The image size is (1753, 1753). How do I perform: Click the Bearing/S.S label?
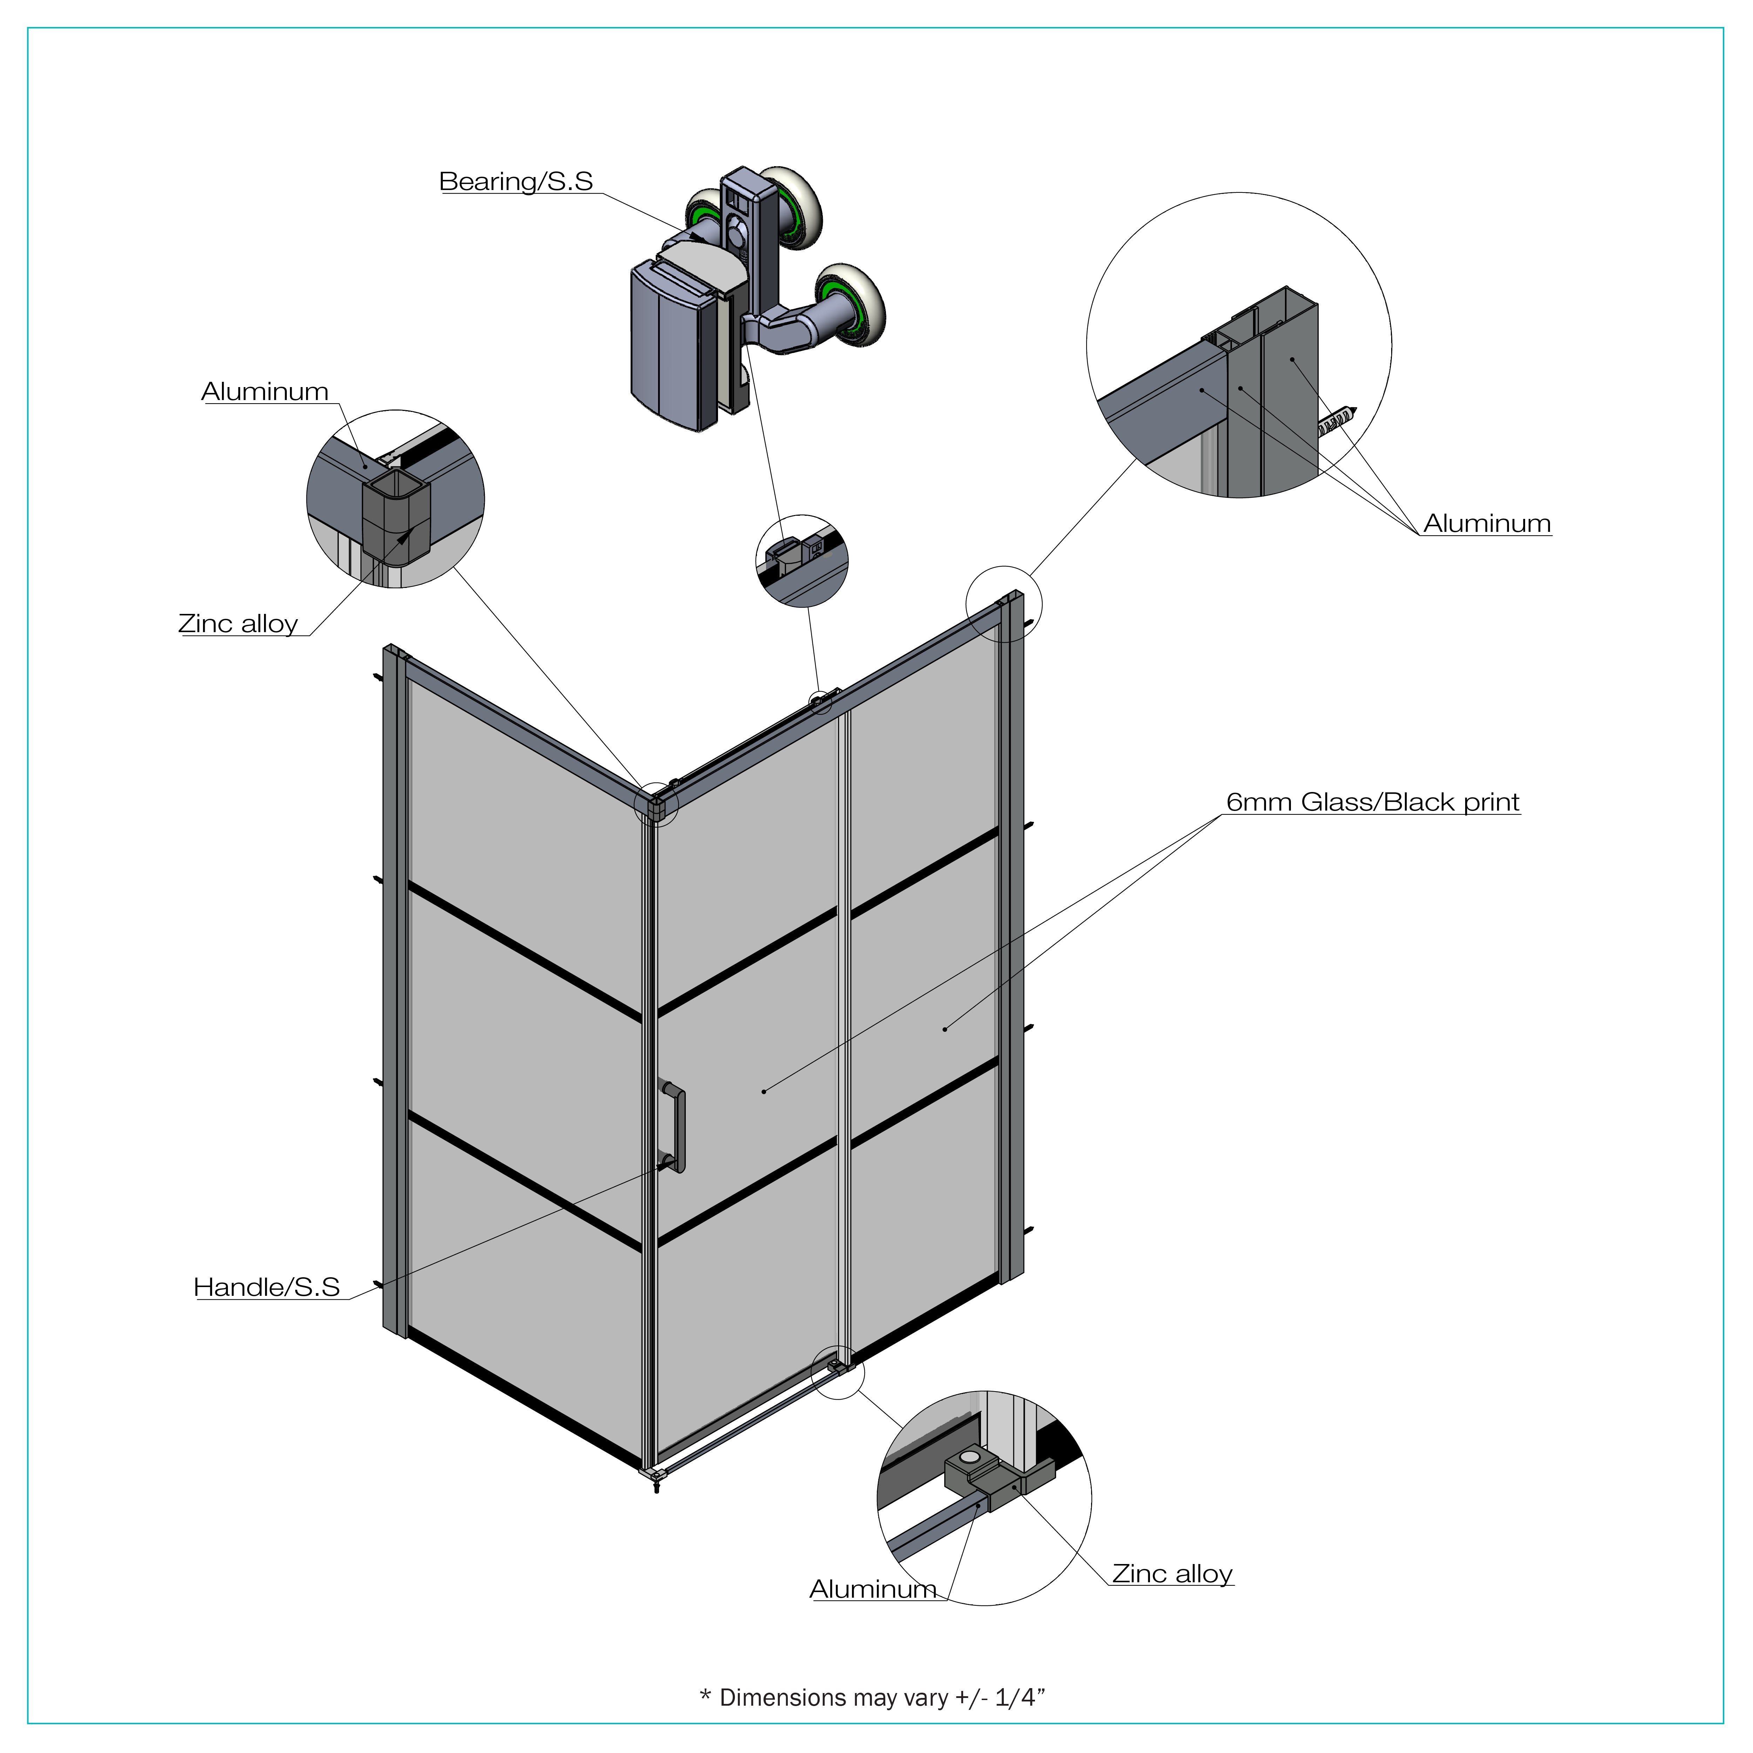(515, 182)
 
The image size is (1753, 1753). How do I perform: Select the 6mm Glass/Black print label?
(1372, 802)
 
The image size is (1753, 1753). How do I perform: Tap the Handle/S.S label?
(267, 1287)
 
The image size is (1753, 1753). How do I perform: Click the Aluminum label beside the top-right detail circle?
(1486, 523)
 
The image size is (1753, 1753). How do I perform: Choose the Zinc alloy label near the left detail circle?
(238, 624)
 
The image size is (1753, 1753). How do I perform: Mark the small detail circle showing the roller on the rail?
(801, 561)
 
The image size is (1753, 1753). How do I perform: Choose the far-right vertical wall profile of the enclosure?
(1014, 935)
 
